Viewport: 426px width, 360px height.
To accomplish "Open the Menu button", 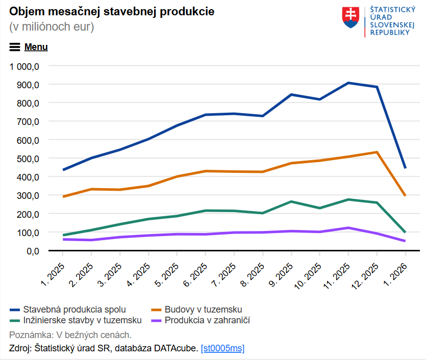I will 29,47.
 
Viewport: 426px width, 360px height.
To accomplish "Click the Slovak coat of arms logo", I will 350,18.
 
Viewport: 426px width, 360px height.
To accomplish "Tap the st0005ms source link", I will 222,349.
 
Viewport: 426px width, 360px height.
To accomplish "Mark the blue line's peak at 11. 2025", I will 348,83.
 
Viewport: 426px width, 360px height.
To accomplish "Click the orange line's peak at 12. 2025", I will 377,152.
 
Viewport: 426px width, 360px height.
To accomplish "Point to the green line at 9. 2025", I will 291,201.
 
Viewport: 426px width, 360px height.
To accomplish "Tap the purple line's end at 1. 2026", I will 405,241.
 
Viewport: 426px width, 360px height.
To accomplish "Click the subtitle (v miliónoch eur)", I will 52,27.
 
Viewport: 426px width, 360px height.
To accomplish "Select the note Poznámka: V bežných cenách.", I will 70,335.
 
